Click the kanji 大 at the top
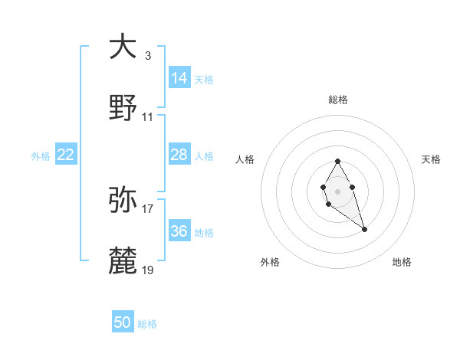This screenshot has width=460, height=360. tap(123, 47)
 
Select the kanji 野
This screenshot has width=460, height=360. tap(123, 110)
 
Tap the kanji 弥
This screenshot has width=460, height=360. tap(123, 200)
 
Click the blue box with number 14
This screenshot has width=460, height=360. tap(179, 77)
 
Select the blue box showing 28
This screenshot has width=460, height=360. tap(179, 155)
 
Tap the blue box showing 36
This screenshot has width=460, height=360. tap(179, 231)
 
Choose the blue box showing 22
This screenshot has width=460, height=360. tap(66, 155)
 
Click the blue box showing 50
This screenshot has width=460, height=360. tap(123, 322)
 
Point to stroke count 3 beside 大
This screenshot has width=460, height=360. tap(147, 55)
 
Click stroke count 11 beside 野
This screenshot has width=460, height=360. tap(148, 117)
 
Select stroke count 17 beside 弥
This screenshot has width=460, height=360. tap(148, 208)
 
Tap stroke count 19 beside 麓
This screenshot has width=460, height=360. tap(148, 270)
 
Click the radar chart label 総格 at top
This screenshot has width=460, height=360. tap(337, 100)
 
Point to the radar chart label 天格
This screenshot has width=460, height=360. tap(431, 159)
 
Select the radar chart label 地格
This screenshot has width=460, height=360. tap(402, 262)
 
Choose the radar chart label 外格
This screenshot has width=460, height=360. tap(270, 262)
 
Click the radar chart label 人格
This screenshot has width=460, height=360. tap(245, 159)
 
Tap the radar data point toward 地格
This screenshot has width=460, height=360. tap(364, 229)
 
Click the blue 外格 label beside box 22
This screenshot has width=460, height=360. tap(41, 155)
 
